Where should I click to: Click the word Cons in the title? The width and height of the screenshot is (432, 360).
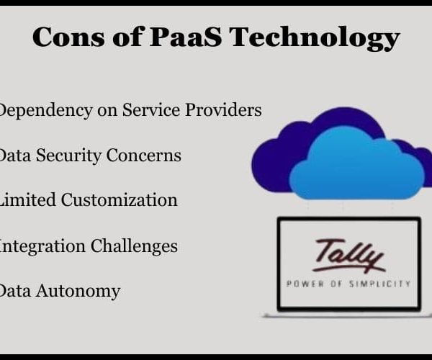tap(68, 37)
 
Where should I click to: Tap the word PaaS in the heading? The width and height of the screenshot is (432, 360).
tap(185, 37)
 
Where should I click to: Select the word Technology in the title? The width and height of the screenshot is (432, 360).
tap(314, 38)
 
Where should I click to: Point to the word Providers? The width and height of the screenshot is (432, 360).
tap(223, 110)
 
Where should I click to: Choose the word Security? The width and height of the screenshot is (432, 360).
tap(68, 156)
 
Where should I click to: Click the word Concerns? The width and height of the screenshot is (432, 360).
tap(143, 156)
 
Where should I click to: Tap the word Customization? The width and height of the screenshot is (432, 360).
tap(119, 200)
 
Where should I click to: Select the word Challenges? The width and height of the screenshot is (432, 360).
tap(134, 246)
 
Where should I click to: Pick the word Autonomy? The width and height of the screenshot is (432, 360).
tap(78, 292)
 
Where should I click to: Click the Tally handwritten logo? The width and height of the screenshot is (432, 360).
tap(348, 256)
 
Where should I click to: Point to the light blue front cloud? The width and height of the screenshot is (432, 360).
tap(358, 163)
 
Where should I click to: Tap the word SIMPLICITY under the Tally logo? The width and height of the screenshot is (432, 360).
tap(380, 284)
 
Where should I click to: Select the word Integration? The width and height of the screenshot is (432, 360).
tap(42, 246)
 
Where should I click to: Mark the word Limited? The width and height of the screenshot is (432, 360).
tap(27, 200)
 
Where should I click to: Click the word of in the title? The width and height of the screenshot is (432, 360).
tap(127, 37)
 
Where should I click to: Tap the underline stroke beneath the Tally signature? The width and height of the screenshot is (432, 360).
tap(348, 269)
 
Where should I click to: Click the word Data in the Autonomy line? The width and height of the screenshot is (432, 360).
tap(15, 291)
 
